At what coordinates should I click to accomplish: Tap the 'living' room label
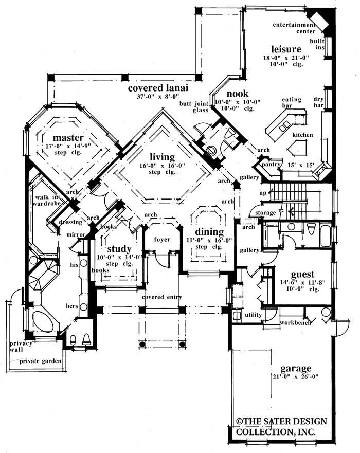(x=163, y=156)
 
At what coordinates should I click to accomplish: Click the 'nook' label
(x=238, y=94)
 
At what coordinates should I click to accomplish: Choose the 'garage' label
(x=296, y=368)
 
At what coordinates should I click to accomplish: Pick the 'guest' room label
(x=302, y=274)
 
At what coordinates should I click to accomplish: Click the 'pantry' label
(x=270, y=165)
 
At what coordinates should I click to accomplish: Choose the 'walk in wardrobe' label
(x=50, y=201)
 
